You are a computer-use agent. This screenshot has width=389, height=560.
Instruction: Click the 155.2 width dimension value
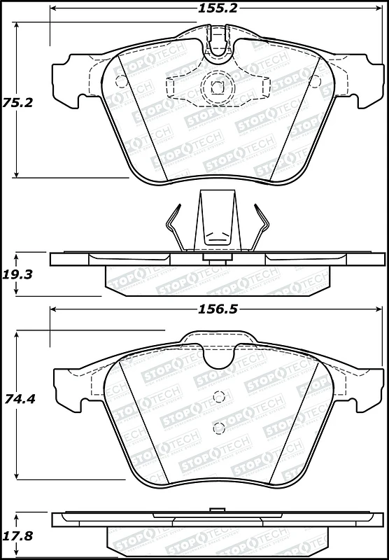coord(218,8)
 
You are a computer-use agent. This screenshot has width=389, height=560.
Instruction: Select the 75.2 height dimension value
coord(18,103)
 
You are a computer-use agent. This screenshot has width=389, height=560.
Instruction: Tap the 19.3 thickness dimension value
coord(18,274)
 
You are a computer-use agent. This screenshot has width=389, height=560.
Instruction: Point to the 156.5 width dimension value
coord(218,309)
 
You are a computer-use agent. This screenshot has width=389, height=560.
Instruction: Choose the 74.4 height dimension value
coord(20,398)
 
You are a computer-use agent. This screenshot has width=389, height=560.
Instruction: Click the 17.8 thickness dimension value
coord(18,535)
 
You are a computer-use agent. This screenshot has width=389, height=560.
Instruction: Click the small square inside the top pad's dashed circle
coord(217,88)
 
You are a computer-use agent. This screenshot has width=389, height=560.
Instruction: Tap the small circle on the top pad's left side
coord(120,81)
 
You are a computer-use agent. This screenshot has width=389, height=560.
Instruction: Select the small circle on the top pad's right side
coord(315,81)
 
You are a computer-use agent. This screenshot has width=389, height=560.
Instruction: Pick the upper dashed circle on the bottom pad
coord(219,396)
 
